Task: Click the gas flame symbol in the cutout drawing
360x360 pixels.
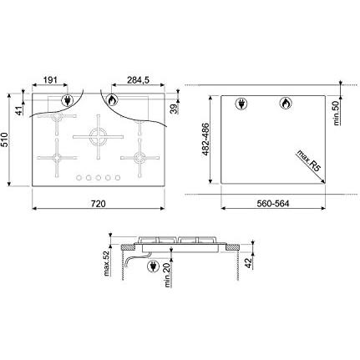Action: pyautogui.click(x=283, y=104)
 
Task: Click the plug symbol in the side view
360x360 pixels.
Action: pyautogui.click(x=152, y=268)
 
